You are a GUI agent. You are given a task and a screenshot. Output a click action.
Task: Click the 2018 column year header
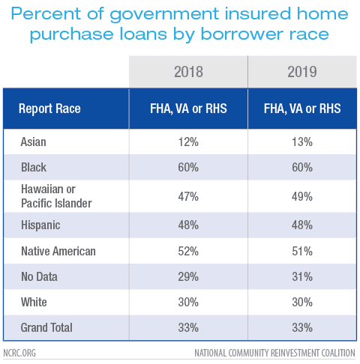[x=188, y=72]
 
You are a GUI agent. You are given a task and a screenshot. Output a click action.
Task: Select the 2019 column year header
[x=302, y=72]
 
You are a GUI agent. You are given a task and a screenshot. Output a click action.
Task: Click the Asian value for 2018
[x=188, y=142]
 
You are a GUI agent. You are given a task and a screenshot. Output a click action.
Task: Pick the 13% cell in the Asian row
[x=302, y=142]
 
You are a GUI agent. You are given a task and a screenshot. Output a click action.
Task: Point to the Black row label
[x=34, y=167]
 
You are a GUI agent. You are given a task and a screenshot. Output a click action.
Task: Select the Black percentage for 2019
[x=302, y=167]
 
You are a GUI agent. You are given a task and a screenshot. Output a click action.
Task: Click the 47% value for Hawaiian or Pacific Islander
[x=188, y=196]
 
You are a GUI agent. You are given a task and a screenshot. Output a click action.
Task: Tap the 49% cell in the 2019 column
[x=302, y=196]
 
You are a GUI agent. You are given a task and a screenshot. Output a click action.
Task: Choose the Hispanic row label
[x=40, y=225]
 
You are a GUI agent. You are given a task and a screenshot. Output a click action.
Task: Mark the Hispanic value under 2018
[x=188, y=225]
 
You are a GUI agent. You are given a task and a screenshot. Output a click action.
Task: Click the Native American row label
[x=58, y=251]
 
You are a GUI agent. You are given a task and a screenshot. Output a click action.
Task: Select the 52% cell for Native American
[x=188, y=251]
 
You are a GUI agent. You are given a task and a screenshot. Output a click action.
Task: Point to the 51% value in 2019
[x=302, y=251]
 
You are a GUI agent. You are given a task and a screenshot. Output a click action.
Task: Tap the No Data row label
[x=39, y=276]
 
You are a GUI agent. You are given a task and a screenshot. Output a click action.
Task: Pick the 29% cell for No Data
[x=188, y=276]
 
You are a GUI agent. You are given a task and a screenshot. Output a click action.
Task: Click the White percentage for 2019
[x=302, y=302]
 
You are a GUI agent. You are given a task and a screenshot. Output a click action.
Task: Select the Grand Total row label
[x=46, y=327]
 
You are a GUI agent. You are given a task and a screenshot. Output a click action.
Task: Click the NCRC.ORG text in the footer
[x=19, y=353]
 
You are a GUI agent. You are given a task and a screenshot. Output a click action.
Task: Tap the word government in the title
[x=164, y=14]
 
